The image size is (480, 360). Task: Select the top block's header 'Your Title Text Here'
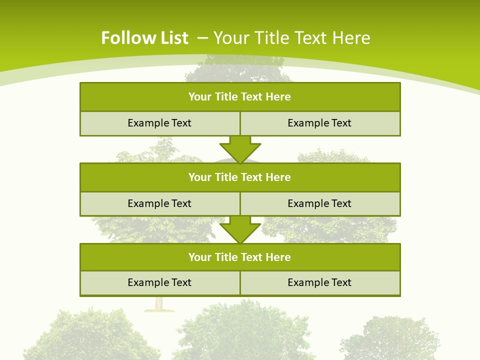pyautogui.click(x=239, y=97)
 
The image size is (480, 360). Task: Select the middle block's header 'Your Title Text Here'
pyautogui.click(x=239, y=177)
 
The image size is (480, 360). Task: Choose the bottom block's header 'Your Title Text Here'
pyautogui.click(x=239, y=257)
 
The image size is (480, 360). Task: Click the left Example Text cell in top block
pyautogui.click(x=159, y=123)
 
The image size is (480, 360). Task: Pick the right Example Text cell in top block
pyautogui.click(x=319, y=123)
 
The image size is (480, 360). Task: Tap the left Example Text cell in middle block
pyautogui.click(x=159, y=204)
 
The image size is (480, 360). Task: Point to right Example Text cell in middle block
pyautogui.click(x=319, y=204)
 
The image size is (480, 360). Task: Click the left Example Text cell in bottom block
pyautogui.click(x=159, y=283)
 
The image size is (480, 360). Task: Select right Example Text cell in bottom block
pyautogui.click(x=319, y=283)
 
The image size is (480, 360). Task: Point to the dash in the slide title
pyautogui.click(x=202, y=37)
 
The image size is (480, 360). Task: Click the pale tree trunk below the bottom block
pyautogui.click(x=158, y=303)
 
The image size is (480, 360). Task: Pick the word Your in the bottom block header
pyautogui.click(x=199, y=257)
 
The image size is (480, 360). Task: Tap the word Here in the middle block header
pyautogui.click(x=278, y=177)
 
